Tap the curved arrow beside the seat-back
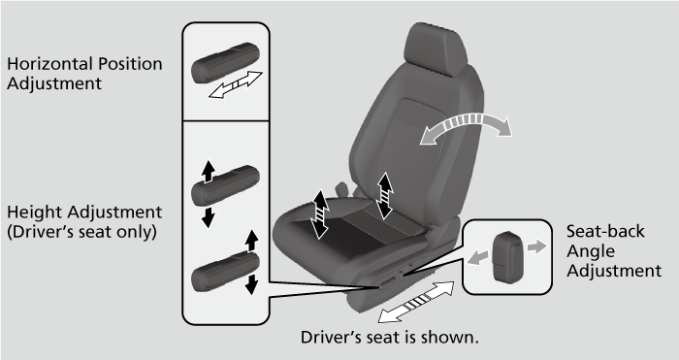(x=464, y=129)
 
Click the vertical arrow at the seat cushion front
(x=320, y=213)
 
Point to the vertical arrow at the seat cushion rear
(x=385, y=191)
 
